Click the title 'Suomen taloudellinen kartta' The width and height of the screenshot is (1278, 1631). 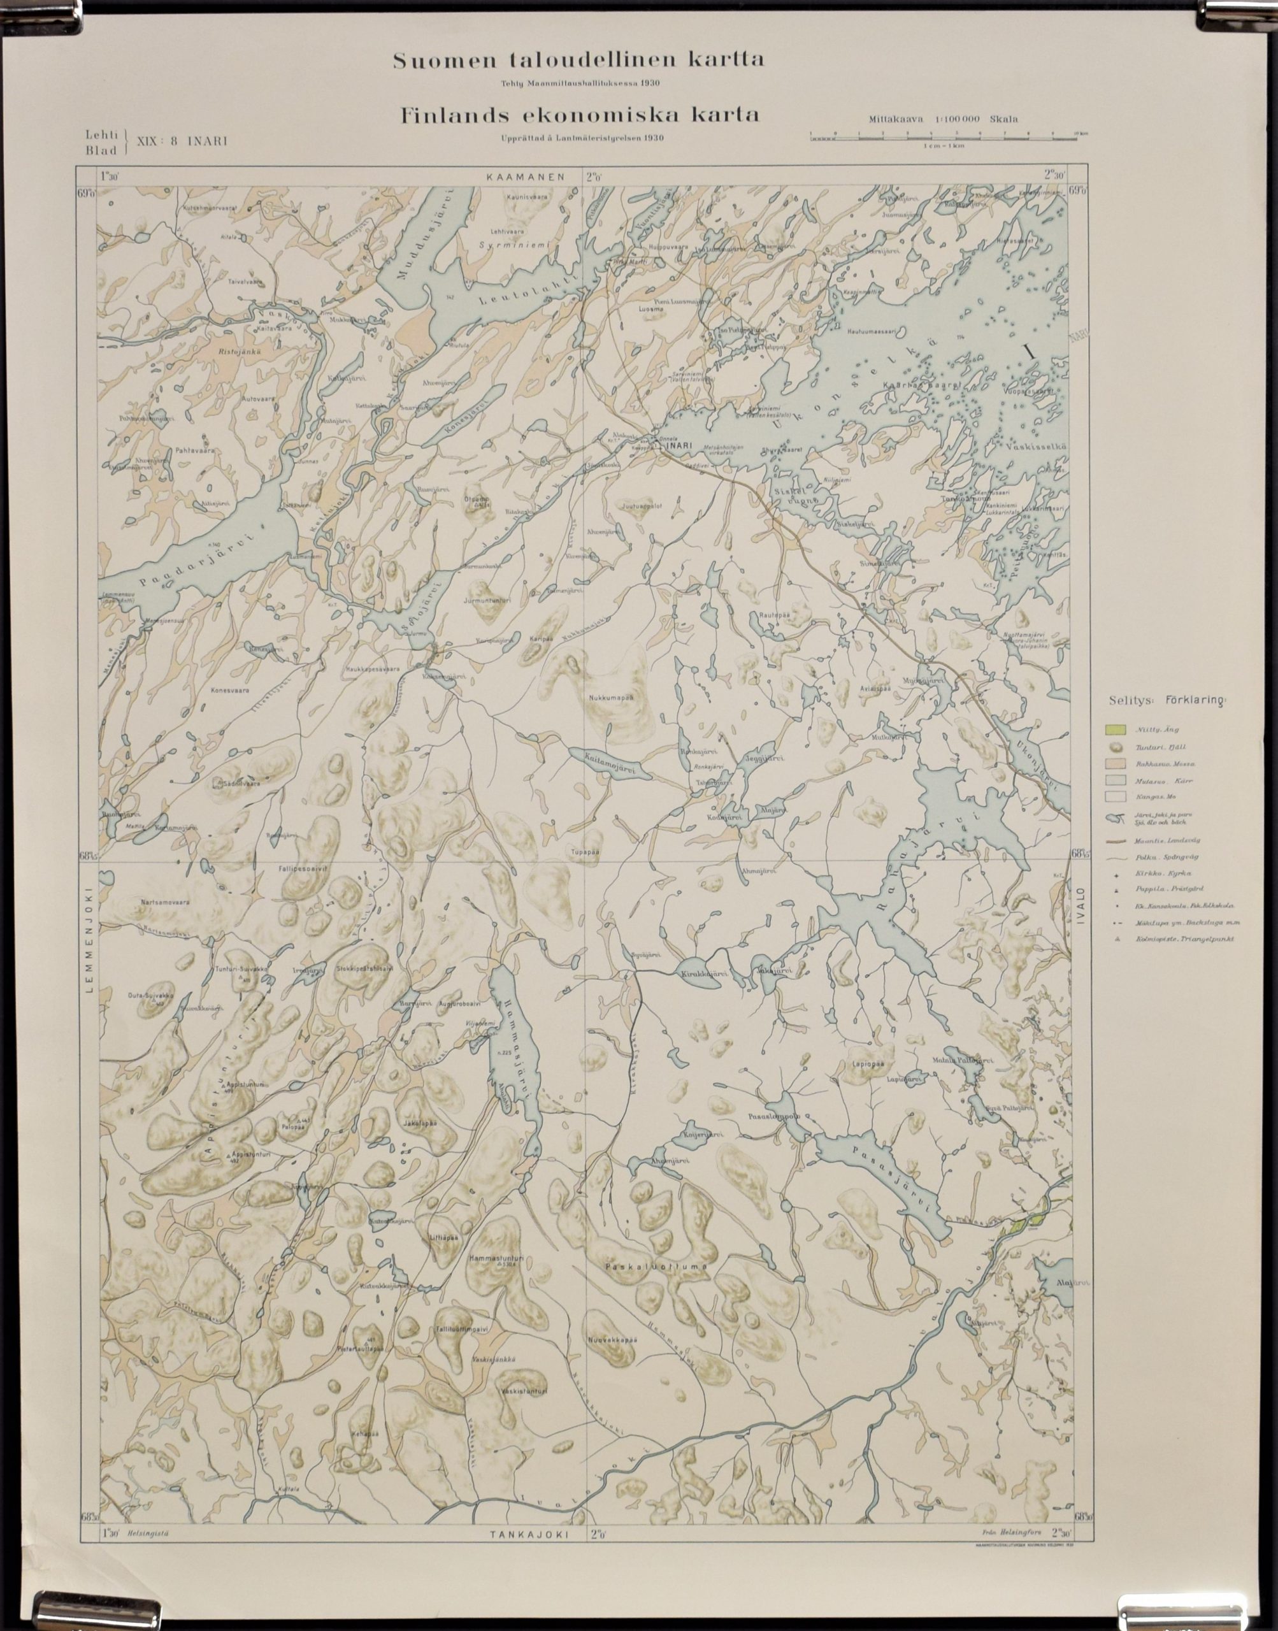click(x=578, y=61)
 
